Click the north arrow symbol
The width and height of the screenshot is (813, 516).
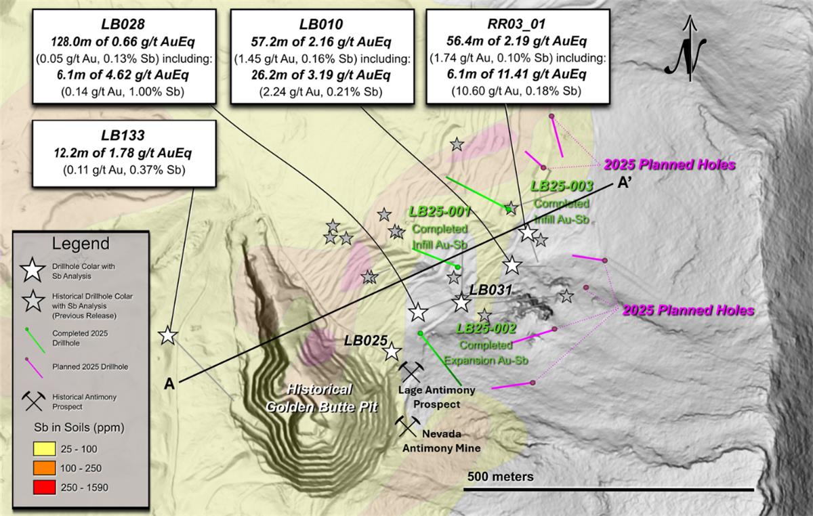pos(690,51)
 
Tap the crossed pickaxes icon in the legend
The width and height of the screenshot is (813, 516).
pos(34,402)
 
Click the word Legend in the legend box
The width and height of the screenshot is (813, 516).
pos(80,243)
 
